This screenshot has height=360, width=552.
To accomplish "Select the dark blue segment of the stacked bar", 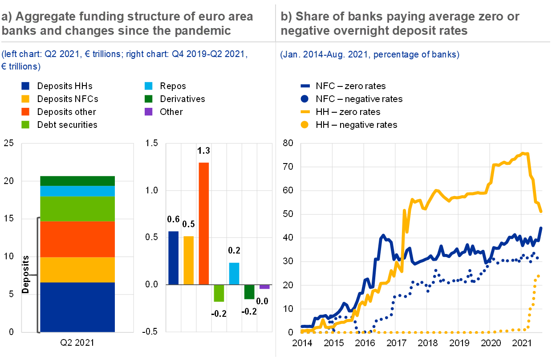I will point(77,307).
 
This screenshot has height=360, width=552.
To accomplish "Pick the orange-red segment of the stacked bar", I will point(77,239).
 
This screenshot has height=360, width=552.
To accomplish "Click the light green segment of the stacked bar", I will point(77,209).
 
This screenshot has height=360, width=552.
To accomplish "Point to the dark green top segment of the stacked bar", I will point(77,181).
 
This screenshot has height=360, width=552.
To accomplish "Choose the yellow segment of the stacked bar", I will point(77,270).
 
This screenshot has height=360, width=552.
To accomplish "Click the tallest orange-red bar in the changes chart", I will point(203,223).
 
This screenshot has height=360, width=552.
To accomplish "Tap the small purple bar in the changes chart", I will point(264,286).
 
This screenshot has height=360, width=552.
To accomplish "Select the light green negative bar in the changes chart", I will point(219,293).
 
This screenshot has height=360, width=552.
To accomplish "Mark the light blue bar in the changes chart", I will point(234,273).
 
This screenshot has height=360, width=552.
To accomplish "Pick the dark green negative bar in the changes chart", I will point(249,292).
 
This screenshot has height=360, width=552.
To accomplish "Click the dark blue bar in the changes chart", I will point(173,258).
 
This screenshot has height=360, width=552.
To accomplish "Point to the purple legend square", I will point(149,112).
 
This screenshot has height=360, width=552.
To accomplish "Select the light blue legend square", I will point(149,86).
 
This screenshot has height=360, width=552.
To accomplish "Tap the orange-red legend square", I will point(25,112).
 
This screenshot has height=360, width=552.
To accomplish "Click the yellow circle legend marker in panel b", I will point(305,125).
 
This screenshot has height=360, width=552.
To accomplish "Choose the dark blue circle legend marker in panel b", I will point(305,99).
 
